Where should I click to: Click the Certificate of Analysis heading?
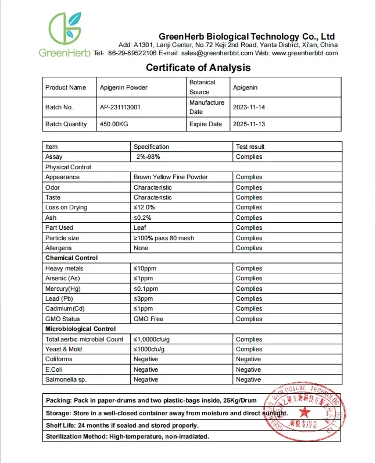click(x=198, y=67)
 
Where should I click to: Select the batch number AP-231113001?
click(x=120, y=107)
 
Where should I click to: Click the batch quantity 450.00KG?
click(x=114, y=124)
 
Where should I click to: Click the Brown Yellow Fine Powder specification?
click(x=170, y=177)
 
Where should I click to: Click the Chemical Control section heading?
click(x=71, y=258)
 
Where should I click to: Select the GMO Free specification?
click(x=149, y=319)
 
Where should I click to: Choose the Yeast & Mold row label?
click(x=63, y=349)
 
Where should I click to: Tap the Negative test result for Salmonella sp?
click(x=248, y=379)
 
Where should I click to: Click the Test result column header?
click(x=250, y=147)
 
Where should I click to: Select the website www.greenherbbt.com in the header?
click(x=305, y=53)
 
